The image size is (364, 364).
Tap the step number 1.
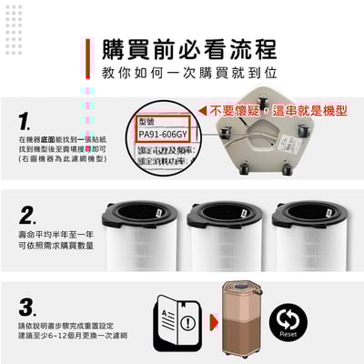pos(25,121)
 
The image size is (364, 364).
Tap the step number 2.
pos(26,217)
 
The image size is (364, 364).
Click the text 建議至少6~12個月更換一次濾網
pos(71,336)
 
